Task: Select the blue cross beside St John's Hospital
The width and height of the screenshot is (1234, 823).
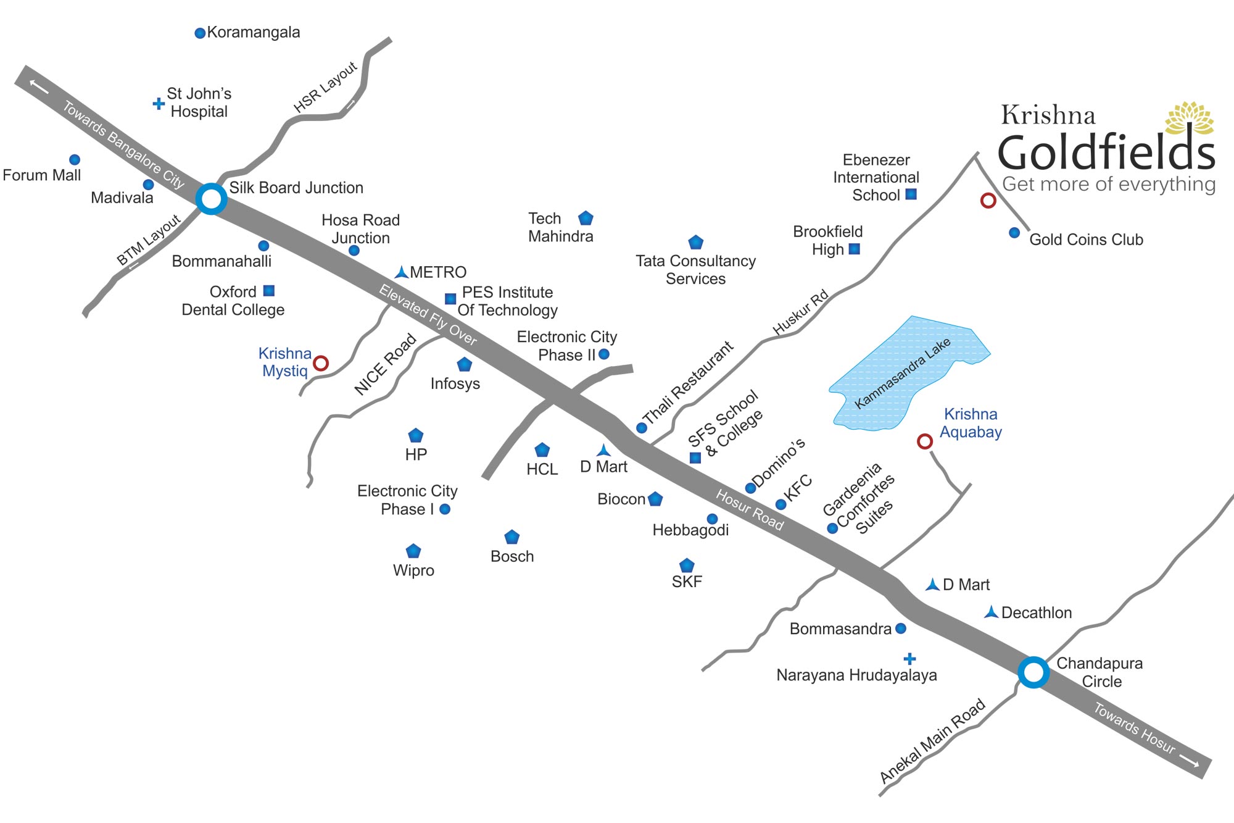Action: (159, 104)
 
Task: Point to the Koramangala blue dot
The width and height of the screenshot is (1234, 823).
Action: (200, 33)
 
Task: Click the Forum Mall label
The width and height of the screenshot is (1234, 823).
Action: (42, 175)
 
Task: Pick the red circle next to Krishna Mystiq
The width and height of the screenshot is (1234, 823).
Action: (321, 363)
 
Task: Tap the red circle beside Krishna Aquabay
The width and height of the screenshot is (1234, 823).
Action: (924, 441)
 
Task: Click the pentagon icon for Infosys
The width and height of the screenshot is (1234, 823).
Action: (465, 364)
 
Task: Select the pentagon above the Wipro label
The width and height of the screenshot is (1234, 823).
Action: (413, 551)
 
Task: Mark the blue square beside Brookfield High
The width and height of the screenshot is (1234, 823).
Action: (855, 249)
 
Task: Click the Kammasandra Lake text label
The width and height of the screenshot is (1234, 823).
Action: (902, 374)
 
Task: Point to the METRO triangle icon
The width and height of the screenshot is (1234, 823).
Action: (402, 272)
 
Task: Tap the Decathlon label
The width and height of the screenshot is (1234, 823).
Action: (1037, 613)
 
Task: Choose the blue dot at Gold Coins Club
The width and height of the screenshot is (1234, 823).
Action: (1014, 233)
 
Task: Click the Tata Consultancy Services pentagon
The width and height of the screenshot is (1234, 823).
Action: (696, 242)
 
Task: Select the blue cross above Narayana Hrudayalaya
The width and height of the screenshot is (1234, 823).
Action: (909, 659)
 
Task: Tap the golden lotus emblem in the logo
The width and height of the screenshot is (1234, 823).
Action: (1190, 117)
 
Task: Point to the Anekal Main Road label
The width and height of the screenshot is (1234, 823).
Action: (932, 741)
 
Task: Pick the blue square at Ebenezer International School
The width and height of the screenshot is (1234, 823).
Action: (911, 194)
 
